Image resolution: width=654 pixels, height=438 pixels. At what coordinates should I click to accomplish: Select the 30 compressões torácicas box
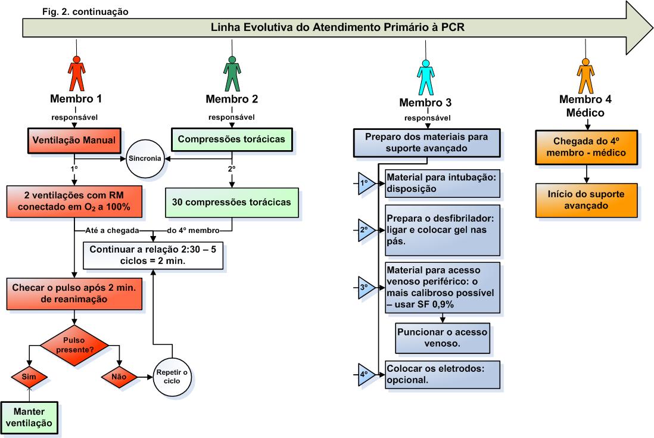(232, 202)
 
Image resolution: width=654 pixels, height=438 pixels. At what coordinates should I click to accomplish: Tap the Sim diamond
(29, 377)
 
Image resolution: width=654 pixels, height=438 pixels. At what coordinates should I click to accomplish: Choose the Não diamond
(119, 377)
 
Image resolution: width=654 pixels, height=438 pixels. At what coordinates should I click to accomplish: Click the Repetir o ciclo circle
(172, 377)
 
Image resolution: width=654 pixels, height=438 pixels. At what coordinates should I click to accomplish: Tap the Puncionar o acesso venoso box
(443, 337)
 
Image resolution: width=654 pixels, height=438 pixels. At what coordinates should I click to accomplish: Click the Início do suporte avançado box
(587, 200)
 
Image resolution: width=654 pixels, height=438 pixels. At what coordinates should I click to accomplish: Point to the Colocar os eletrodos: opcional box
(443, 374)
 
